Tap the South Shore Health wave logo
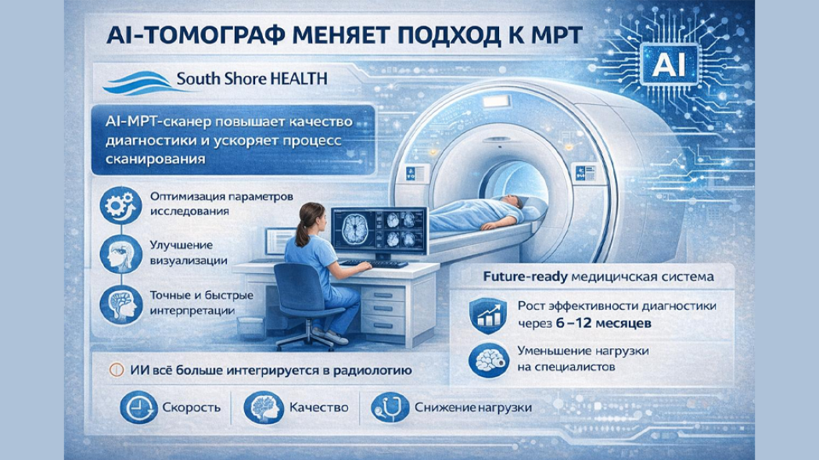pyautogui.click(x=138, y=81)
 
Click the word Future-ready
pyautogui.click(x=508, y=277)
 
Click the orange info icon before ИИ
pyautogui.click(x=117, y=369)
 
